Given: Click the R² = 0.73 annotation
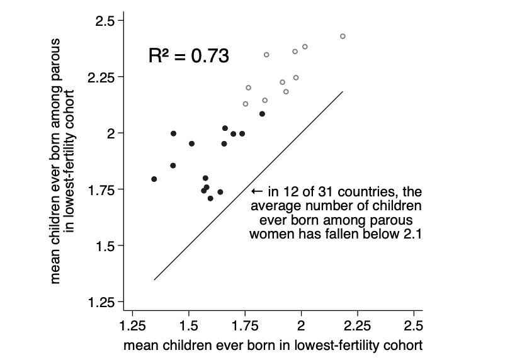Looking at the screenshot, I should tap(188, 55).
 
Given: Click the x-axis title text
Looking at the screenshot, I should tap(273, 346).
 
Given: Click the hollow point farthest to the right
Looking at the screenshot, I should tap(343, 37).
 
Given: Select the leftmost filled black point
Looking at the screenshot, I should tap(154, 179).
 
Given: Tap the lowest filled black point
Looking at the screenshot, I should tap(210, 198).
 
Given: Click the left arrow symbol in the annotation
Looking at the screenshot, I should tap(256, 191).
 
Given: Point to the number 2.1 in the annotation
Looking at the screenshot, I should tap(411, 234).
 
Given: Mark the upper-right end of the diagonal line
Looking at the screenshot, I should tap(343, 92).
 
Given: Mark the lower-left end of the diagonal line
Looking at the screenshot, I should tap(154, 279).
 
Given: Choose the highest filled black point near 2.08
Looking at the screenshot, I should tap(262, 114).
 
